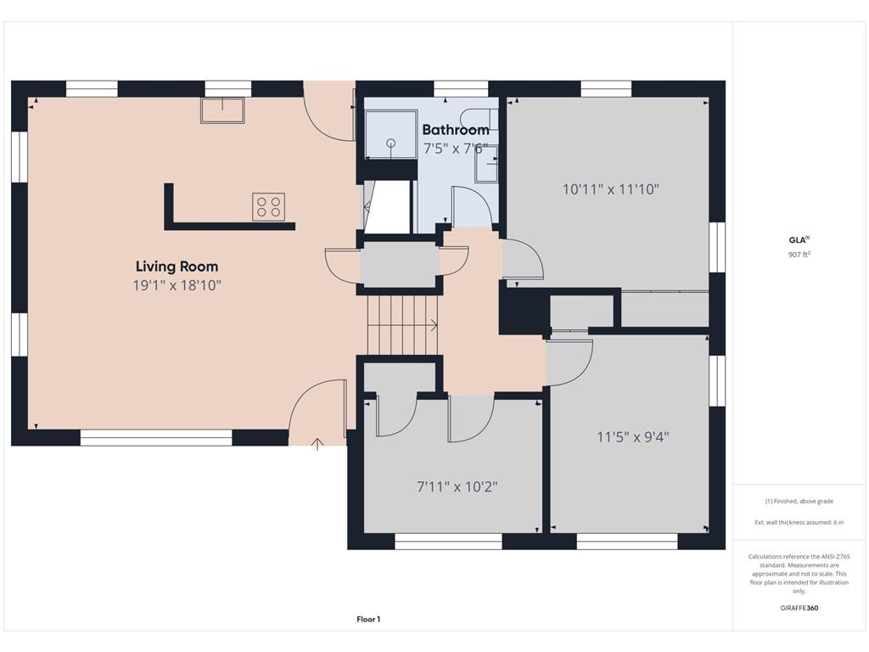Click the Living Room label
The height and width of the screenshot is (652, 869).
[177, 267]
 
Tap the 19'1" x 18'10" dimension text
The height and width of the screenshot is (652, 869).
[177, 285]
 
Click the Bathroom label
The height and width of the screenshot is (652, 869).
[456, 130]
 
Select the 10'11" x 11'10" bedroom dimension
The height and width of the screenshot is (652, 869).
[611, 189]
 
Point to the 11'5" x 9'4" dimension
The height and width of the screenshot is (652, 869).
[633, 437]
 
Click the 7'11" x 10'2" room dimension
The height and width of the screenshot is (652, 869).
[457, 486]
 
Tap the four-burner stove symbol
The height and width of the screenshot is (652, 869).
[269, 206]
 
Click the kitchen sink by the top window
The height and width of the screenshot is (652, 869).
[222, 110]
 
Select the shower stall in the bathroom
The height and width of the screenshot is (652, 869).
[390, 134]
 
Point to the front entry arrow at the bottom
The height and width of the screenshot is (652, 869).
[317, 444]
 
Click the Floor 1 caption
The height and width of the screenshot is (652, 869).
[368, 619]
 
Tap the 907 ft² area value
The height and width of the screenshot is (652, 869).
[799, 255]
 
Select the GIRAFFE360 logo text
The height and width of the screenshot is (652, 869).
[799, 608]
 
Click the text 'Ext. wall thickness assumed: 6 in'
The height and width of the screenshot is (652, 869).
[799, 522]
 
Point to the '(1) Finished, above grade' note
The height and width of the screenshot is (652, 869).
[799, 501]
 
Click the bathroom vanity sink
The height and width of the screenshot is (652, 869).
[486, 164]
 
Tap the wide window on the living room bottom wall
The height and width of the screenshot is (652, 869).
[156, 437]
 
